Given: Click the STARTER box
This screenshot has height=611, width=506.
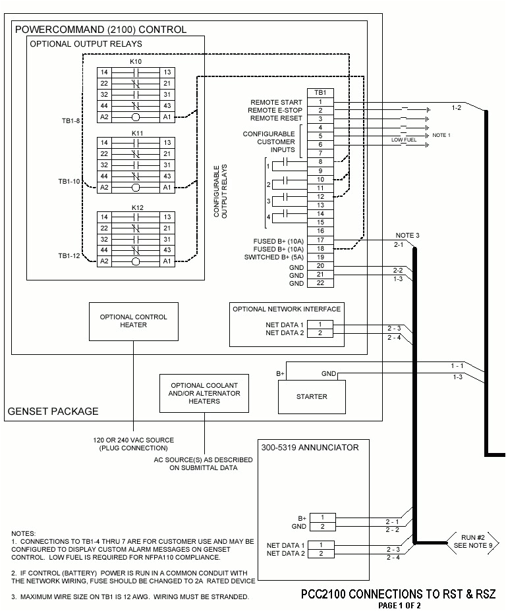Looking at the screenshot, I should click(311, 396).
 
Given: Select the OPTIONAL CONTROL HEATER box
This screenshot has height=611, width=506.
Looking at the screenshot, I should click(133, 321).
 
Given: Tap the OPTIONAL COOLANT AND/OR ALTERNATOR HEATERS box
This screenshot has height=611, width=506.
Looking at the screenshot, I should click(204, 393).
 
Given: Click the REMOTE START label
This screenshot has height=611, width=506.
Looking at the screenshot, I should click(276, 103).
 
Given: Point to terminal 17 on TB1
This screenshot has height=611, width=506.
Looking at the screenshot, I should click(320, 241).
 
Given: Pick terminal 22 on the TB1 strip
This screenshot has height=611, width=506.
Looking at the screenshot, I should click(320, 283).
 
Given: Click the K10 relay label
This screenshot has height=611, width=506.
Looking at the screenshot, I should click(136, 61).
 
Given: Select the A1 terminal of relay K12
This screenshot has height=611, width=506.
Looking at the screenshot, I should click(167, 261).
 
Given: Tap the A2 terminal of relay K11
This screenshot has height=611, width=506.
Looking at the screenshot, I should click(104, 188).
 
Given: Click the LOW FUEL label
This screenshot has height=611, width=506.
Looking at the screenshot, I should click(402, 140).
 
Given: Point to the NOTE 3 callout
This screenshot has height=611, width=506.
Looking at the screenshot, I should click(407, 235).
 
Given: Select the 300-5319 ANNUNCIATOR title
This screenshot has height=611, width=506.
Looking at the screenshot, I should click(310, 448).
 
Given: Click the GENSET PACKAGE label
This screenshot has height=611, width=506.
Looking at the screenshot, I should click(53, 412).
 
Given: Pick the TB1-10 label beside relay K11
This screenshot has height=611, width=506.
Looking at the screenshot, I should click(68, 180).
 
